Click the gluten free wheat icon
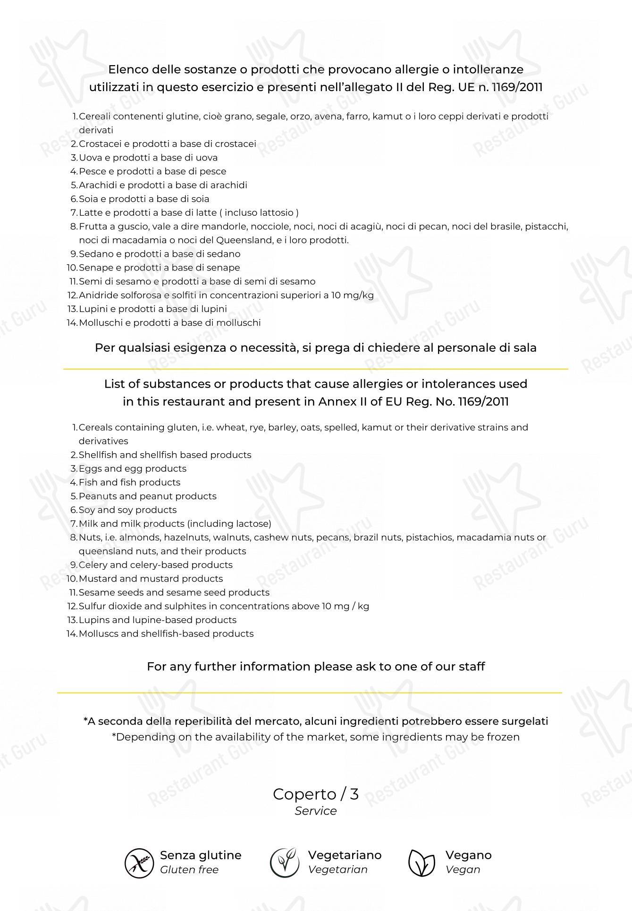click(139, 863)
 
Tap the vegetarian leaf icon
click(285, 863)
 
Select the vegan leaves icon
click(421, 863)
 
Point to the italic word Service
click(315, 811)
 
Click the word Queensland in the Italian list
click(243, 240)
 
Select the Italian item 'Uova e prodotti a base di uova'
click(148, 158)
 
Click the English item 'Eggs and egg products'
click(132, 469)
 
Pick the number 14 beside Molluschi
click(72, 323)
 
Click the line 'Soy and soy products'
click(127, 510)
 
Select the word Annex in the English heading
click(335, 402)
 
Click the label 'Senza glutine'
click(201, 855)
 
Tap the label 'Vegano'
click(468, 855)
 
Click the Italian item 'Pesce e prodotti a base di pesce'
click(152, 171)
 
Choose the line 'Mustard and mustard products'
click(151, 579)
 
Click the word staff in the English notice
click(472, 666)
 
